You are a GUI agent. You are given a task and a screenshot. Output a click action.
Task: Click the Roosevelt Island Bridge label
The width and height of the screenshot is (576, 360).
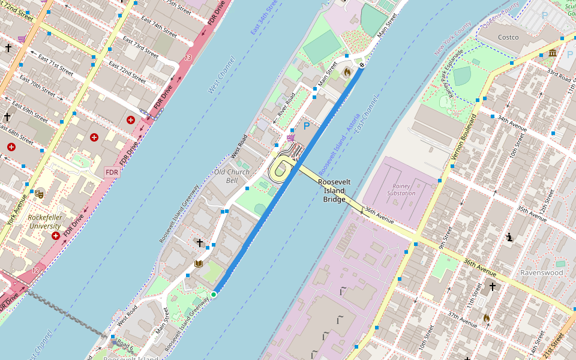pos(334,190)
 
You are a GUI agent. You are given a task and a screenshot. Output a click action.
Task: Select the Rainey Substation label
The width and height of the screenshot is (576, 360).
pos(401,190)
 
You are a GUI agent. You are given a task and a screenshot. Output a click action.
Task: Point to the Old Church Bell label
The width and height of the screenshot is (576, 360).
pos(232,176)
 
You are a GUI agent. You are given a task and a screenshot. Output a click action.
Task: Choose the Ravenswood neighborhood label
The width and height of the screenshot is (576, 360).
pos(541,272)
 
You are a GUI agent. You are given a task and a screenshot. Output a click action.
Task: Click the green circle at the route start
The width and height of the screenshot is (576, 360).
pos(214,294)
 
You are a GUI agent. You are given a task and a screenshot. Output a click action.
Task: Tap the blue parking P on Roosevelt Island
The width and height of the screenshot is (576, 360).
pos(307,126)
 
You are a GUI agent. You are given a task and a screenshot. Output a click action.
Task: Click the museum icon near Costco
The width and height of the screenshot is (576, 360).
pos(552,54)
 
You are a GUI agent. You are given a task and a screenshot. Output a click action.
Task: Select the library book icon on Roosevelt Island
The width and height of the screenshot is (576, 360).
pos(199,264)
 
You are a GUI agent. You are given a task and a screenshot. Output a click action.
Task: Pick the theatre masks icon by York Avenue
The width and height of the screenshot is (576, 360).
pos(39,193)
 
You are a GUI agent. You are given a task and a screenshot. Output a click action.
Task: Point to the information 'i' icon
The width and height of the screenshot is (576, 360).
pos(509,237)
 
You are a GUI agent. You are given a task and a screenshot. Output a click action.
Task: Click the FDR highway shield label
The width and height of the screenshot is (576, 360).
pos(112,173)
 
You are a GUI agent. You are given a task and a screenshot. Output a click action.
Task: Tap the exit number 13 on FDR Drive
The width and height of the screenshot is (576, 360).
pos(188,58)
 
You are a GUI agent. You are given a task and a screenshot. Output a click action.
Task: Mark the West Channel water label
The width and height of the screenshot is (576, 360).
pos(221,75)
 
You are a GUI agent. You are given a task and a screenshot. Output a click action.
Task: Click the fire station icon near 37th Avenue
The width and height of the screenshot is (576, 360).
pos(487,317)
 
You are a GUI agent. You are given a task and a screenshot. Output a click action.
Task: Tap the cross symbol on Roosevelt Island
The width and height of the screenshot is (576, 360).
pos(200,242)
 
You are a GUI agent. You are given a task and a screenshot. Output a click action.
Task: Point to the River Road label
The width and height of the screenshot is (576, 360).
pos(286,106)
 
